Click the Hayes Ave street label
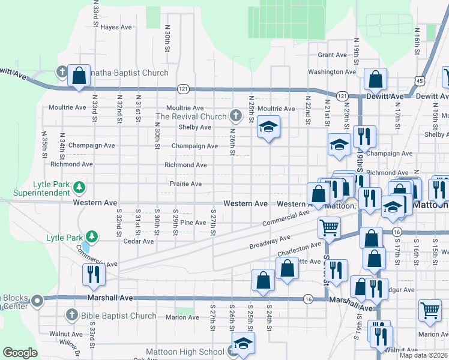[x=116, y=27]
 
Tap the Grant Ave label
[x=333, y=55]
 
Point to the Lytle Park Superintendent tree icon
[x=79, y=188]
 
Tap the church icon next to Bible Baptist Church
[x=71, y=315]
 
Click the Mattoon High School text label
[x=185, y=352]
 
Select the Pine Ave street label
[x=193, y=223]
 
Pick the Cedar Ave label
[x=139, y=241]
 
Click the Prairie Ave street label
[x=185, y=184]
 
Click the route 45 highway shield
[x=420, y=80]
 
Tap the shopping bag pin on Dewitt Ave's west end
[x=79, y=76]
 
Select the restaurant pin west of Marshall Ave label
[x=93, y=274]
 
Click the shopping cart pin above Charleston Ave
[x=328, y=227]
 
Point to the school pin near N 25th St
[x=268, y=127]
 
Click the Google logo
[x=20, y=353]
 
